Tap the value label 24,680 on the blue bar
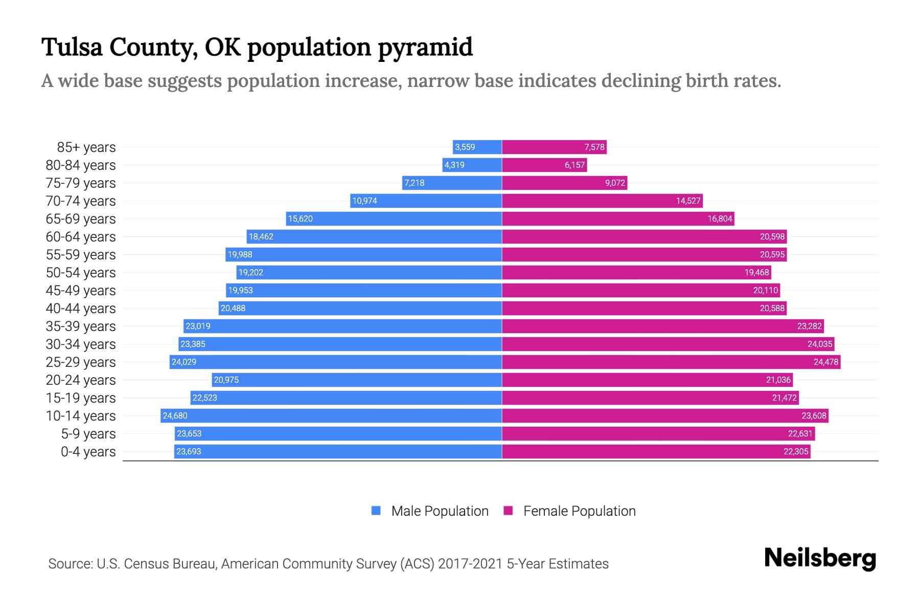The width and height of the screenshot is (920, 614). click(175, 415)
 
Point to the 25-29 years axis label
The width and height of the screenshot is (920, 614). click(81, 362)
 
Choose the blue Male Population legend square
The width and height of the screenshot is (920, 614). click(376, 511)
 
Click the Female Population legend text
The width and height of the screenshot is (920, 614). click(579, 511)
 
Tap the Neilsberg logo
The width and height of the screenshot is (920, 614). click(820, 558)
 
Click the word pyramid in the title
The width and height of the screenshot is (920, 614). click(425, 47)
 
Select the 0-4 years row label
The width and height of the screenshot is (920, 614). click(88, 452)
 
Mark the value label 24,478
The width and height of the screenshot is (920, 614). click(825, 362)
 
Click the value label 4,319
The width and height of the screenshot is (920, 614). click(454, 165)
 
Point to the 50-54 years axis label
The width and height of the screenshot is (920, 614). click(81, 273)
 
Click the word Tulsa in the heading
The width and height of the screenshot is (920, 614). click(72, 47)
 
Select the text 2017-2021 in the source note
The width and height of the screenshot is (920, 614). click(470, 564)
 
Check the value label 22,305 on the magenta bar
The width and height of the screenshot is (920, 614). click(796, 451)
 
